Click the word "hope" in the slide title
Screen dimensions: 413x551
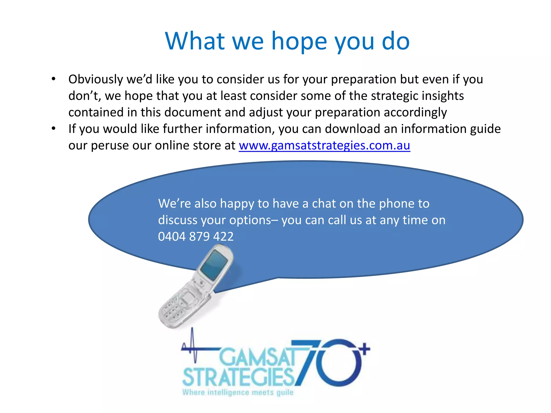point(299,42)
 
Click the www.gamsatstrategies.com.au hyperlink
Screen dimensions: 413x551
point(324,145)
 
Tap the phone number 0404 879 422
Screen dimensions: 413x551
point(196,237)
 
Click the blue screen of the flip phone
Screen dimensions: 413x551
point(214,265)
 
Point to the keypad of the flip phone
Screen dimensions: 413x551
point(175,309)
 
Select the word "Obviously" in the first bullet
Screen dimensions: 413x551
point(96,79)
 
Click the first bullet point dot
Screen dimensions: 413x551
point(54,79)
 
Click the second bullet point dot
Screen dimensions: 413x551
point(54,129)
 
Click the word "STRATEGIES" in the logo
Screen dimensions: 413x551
point(238,377)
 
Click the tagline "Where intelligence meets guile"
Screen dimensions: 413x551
point(238,392)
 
